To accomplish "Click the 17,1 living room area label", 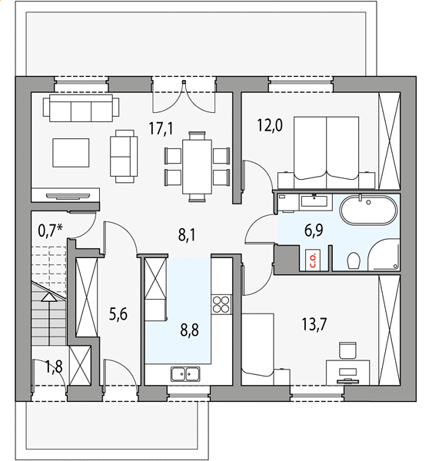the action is tap(161, 128).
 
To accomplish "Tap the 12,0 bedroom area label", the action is tap(270, 125).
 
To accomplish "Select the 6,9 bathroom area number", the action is tap(314, 230).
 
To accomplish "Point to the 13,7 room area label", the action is tap(314, 324).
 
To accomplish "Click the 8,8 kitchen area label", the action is tap(189, 330).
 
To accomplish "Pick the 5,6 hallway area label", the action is tap(118, 314).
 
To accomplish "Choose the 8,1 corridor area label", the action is tap(187, 236).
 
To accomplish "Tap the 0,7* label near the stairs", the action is tap(50, 230).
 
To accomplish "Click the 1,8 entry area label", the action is tap(54, 367).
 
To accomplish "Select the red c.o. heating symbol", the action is tap(313, 260).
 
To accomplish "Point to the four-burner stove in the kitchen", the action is tap(221, 304).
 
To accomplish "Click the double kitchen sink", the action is tap(185, 374).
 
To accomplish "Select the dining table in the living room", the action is tap(197, 167).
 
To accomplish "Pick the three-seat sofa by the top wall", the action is tap(81, 108).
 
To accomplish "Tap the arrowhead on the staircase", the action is tap(49, 297).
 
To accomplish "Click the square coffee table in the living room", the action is tap(71, 153).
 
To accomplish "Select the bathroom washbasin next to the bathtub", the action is tap(314, 202).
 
